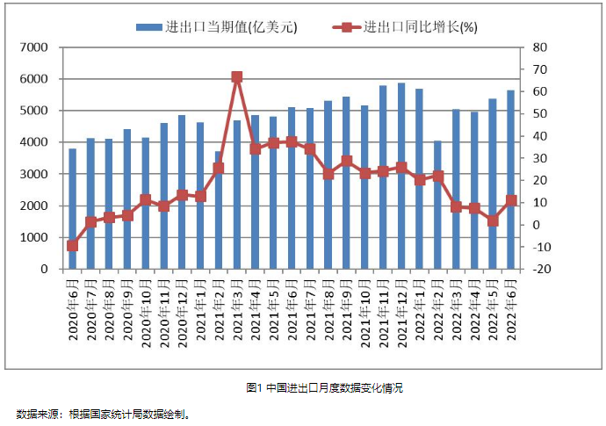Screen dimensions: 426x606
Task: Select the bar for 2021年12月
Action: click(401, 176)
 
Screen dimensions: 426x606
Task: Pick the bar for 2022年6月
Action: click(510, 180)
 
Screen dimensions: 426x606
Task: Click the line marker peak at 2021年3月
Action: click(237, 77)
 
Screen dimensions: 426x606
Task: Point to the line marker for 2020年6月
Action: click(72, 246)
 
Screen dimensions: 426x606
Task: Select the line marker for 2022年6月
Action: click(510, 201)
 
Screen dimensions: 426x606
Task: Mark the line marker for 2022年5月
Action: click(493, 220)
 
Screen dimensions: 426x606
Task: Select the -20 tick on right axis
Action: click(540, 269)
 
